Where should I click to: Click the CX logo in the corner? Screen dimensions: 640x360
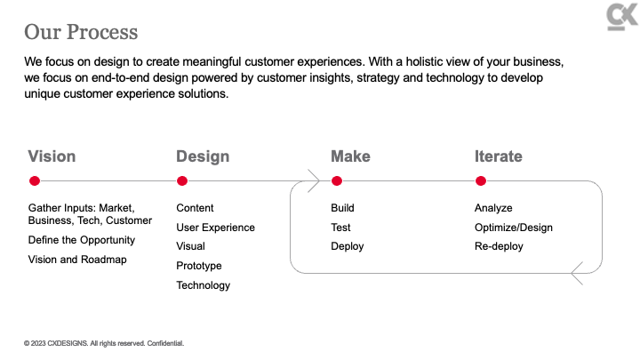[x=622, y=17]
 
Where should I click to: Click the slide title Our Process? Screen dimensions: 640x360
[x=81, y=32]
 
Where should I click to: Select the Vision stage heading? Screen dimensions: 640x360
[x=52, y=156]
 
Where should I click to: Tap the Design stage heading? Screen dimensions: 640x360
[x=203, y=156]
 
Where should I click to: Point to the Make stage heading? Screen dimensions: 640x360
[x=350, y=156]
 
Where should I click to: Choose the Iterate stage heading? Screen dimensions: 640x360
[x=499, y=156]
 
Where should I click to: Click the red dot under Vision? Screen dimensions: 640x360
[x=35, y=180]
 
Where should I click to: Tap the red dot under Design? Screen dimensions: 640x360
[x=182, y=180]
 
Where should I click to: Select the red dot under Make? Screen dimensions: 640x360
[x=337, y=180]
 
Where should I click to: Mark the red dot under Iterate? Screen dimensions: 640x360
[x=481, y=180]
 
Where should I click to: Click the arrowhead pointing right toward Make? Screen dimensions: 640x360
[x=315, y=180]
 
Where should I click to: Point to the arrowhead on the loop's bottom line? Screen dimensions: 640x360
[x=577, y=273]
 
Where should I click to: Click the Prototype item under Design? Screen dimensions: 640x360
[x=199, y=266]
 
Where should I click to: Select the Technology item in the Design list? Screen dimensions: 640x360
[x=204, y=285]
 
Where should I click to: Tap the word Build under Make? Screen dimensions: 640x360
[x=342, y=208]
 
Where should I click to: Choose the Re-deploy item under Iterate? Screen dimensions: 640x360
[x=499, y=246]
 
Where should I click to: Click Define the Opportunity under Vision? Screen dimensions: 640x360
[x=82, y=240]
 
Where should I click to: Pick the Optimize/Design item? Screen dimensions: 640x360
[x=514, y=228]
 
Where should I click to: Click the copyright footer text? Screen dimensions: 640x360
[x=104, y=343]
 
